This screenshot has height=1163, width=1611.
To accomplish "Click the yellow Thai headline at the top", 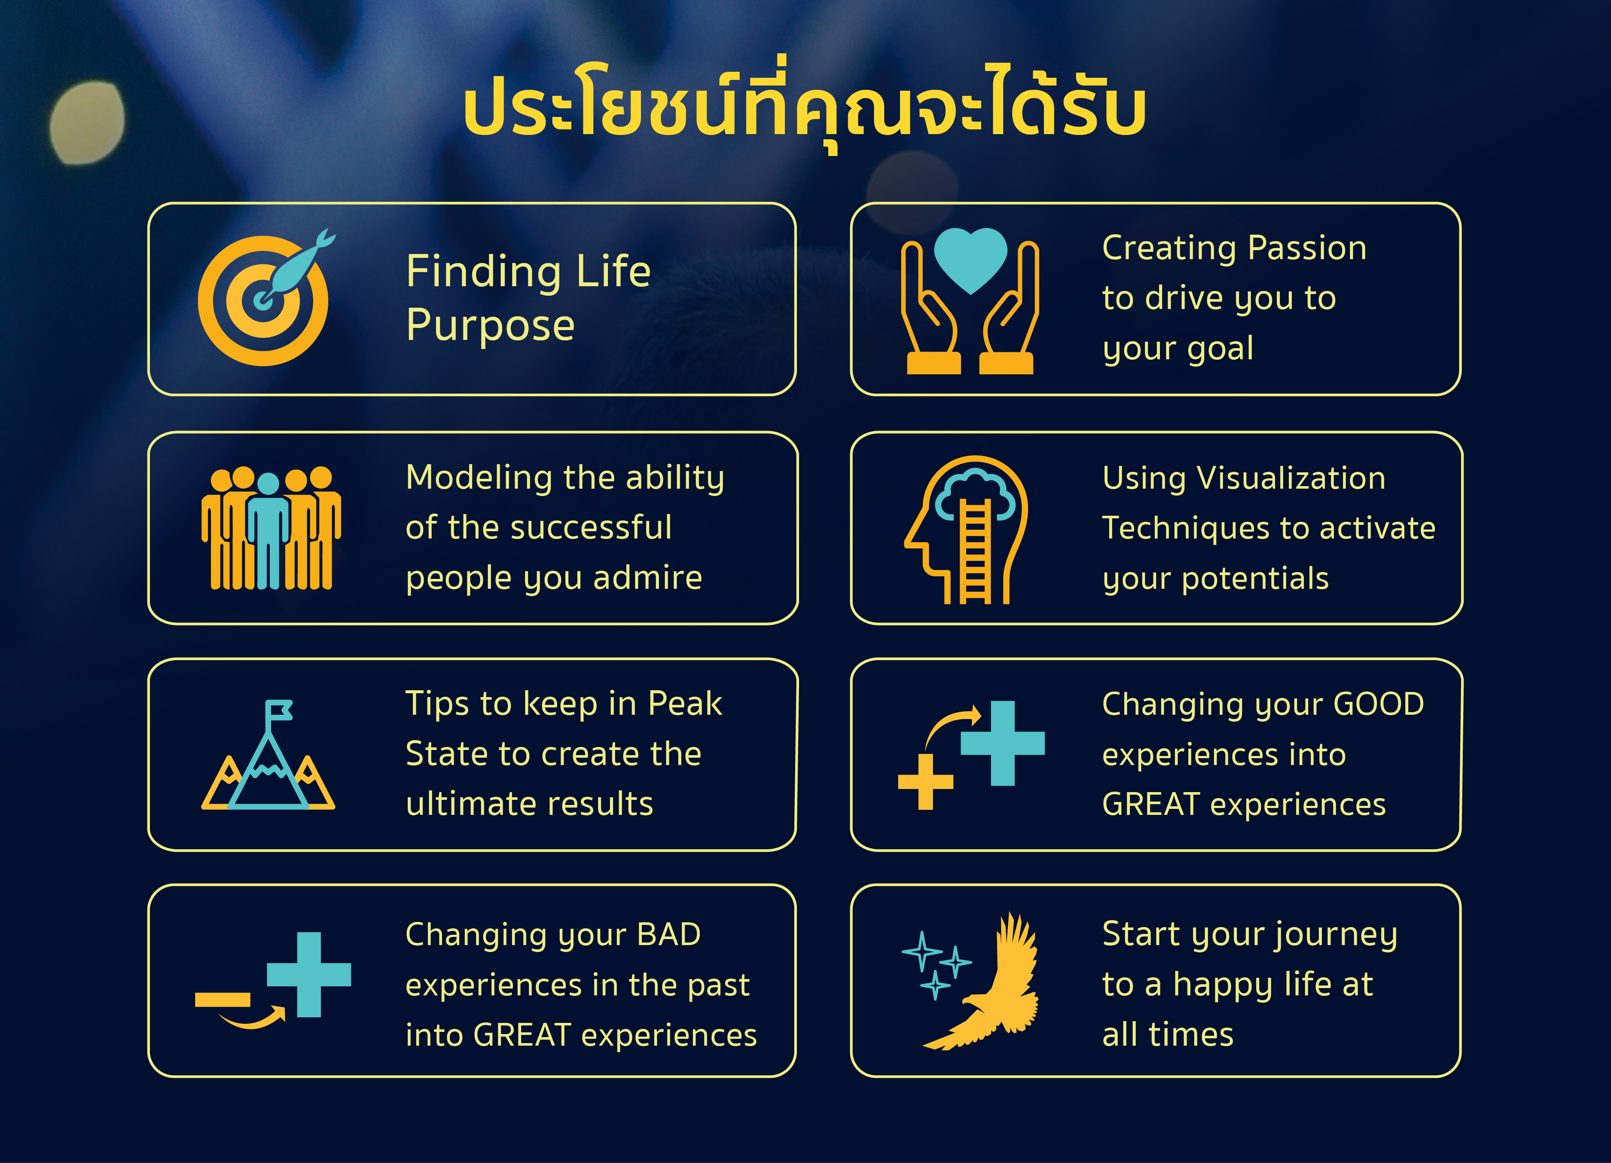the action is point(805,107).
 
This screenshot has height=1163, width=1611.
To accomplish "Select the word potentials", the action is point(1255,579).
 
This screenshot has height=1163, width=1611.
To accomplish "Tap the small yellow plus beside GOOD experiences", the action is point(925,781).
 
